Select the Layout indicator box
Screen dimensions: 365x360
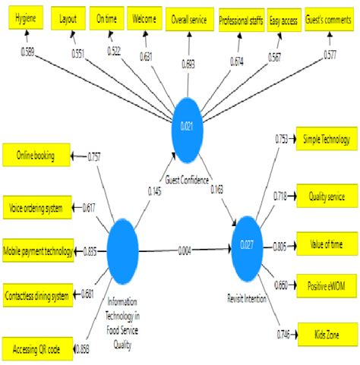(x=68, y=19)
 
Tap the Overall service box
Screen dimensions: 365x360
(x=188, y=19)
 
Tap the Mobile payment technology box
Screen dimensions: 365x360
(x=38, y=250)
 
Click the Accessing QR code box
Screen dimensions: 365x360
(x=36, y=348)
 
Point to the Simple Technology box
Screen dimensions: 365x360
(x=325, y=140)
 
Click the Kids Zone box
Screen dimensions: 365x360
(x=325, y=334)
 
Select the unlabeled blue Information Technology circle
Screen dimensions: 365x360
(x=123, y=248)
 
